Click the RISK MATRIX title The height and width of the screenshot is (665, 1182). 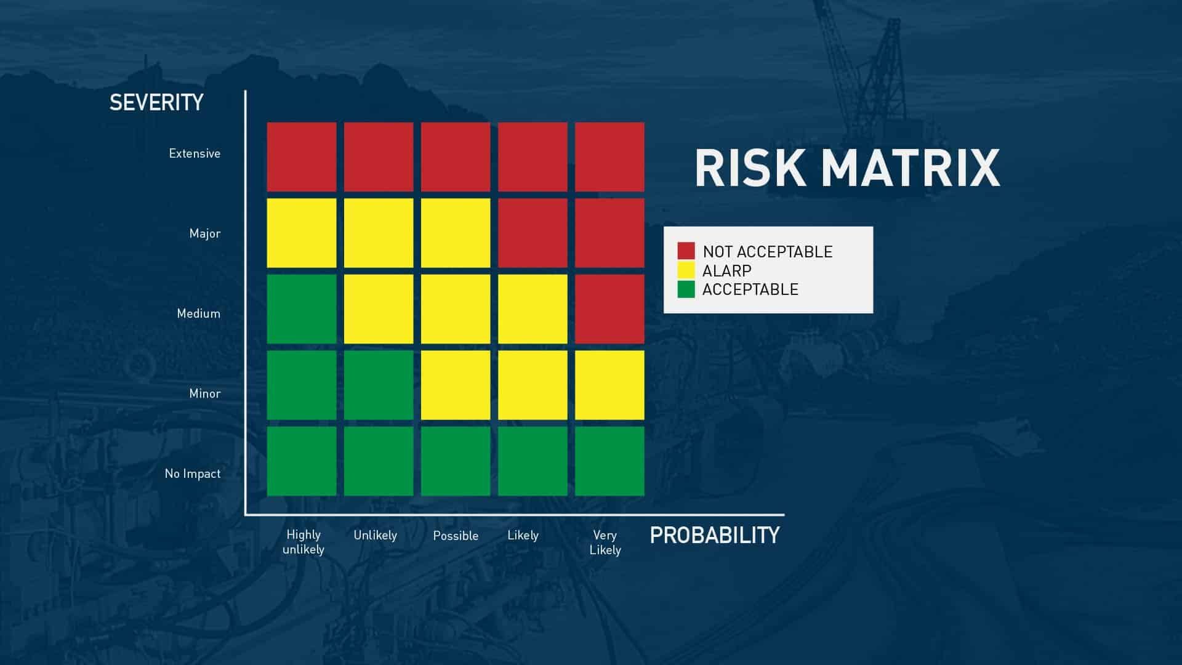847,167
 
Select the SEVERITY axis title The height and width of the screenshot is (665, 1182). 156,102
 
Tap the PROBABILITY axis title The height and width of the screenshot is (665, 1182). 715,535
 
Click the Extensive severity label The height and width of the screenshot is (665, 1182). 195,153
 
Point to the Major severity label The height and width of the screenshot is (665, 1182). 205,233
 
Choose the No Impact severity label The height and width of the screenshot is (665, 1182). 193,474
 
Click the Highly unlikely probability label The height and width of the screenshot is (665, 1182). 304,542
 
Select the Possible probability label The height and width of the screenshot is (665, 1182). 456,536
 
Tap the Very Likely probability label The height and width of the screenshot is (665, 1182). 605,542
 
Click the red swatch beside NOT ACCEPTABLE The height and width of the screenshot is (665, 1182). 686,251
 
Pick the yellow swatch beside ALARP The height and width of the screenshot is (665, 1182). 686,270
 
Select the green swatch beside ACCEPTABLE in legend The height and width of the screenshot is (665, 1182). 686,289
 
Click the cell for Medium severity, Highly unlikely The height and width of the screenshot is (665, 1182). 302,309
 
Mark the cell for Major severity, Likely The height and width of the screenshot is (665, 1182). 533,233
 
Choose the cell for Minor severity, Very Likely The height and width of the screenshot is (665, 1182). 609,385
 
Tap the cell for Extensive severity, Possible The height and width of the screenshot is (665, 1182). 456,157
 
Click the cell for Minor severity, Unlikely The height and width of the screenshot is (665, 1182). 379,385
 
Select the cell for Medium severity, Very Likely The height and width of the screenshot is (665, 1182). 609,309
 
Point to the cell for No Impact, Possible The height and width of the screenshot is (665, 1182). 456,461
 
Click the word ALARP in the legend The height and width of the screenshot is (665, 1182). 726,270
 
